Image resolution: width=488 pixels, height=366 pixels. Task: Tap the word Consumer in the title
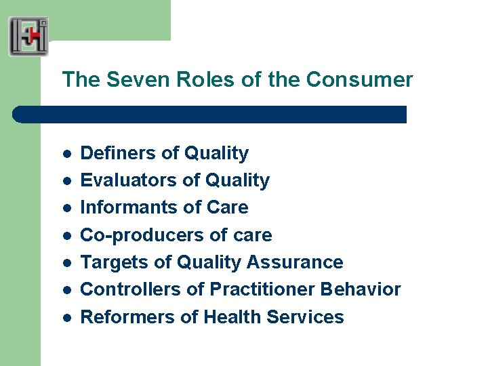point(359,80)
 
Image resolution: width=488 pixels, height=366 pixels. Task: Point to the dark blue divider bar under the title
point(210,114)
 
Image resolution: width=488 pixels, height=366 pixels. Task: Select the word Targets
point(113,262)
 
